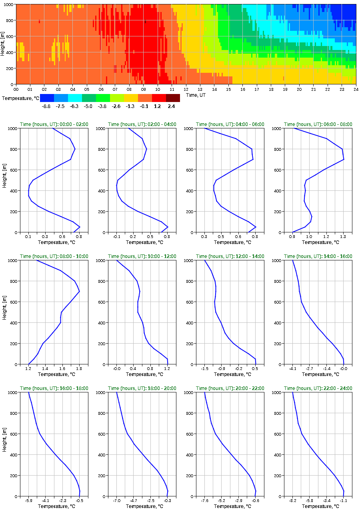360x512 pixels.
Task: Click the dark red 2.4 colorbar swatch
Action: click(x=173, y=98)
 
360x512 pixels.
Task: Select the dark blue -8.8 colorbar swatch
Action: click(x=47, y=98)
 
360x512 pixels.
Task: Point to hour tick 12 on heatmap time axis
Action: click(x=186, y=89)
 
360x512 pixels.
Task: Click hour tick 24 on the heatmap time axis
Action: click(x=356, y=89)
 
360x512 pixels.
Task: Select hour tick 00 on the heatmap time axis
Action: click(x=16, y=89)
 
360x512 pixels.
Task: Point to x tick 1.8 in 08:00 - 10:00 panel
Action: click(x=79, y=369)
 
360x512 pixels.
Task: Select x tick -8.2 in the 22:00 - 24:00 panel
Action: click(x=292, y=501)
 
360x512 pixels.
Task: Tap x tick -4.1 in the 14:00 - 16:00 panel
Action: click(x=292, y=369)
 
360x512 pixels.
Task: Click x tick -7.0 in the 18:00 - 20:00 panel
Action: click(x=116, y=501)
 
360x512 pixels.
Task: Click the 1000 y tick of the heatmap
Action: click(x=8, y=4)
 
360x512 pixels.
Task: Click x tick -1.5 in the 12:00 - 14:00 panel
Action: click(x=204, y=369)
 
